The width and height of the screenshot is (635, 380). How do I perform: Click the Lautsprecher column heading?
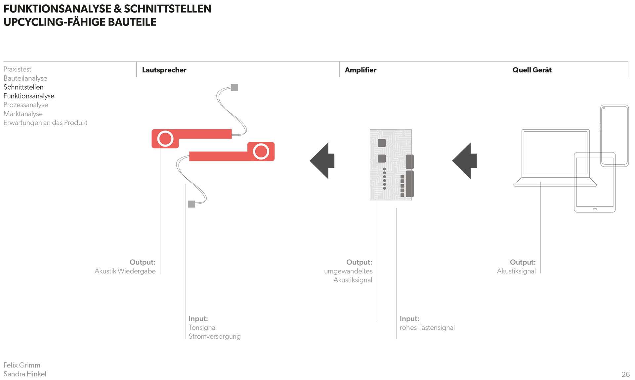tap(164, 70)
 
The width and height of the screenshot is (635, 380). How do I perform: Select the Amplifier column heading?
tap(360, 70)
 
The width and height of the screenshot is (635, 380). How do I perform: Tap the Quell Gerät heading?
tap(532, 70)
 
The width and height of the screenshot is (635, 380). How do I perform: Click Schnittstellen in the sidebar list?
tap(23, 87)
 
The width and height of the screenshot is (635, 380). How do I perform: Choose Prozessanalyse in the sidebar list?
tap(26, 105)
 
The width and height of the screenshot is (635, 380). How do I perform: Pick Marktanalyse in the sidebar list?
tap(23, 114)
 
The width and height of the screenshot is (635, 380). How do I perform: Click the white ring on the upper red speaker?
tap(165, 139)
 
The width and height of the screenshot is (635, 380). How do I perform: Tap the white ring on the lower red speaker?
tap(261, 151)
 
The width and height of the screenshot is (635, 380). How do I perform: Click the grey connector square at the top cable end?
tap(234, 88)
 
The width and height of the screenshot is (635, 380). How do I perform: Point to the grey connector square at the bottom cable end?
tap(191, 204)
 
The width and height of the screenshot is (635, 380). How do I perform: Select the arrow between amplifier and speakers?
tap(322, 161)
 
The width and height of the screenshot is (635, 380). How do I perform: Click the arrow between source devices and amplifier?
tap(464, 161)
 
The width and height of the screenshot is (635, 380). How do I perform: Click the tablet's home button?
tap(595, 209)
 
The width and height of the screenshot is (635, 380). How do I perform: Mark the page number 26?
tap(626, 374)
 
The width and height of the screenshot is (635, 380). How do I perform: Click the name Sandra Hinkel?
tap(25, 374)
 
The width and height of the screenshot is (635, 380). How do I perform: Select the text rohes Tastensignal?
tap(427, 328)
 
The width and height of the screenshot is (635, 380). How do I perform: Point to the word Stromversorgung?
tap(214, 337)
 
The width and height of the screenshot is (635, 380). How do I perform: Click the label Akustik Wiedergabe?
tap(125, 271)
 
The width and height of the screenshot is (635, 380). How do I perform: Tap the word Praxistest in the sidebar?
tap(17, 69)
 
